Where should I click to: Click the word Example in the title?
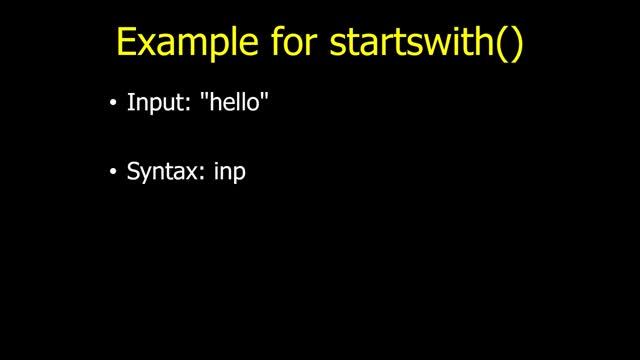coord(174,43)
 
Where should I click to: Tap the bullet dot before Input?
coord(113,103)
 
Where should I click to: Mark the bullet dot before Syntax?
coord(113,173)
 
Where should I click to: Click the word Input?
coord(148,103)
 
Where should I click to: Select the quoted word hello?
coord(235,102)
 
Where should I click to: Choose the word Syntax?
coord(163,172)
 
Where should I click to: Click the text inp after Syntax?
coord(231,173)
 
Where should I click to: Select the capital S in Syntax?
coord(133,172)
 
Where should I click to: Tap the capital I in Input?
coord(130,102)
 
